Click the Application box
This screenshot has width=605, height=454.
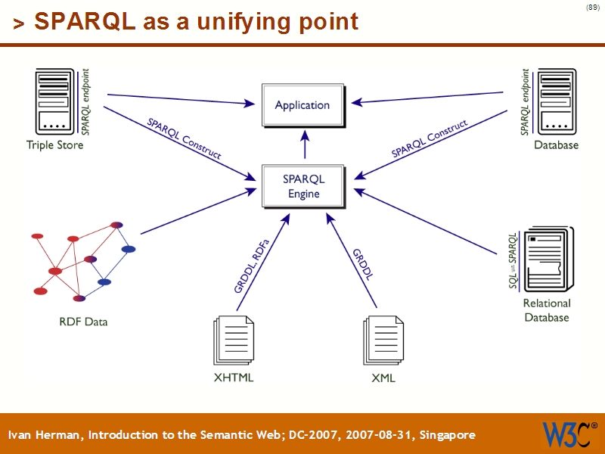coord(302,105)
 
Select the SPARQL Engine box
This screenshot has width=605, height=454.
coord(302,186)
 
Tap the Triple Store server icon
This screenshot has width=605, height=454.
coord(56,101)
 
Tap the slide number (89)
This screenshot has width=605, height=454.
coord(593,8)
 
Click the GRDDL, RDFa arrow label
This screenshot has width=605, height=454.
coord(253,266)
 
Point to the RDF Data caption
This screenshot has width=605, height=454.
coord(83,322)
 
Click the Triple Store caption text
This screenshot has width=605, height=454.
coord(55,145)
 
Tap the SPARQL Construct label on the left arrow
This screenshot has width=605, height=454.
coord(184,138)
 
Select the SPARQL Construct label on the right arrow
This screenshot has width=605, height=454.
coord(429,138)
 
